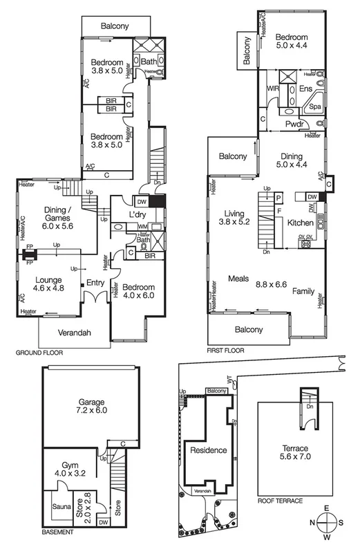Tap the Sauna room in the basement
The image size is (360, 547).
[59, 506]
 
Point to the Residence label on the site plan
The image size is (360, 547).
[208, 451]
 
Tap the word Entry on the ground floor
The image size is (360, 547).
[95, 283]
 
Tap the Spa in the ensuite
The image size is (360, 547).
[315, 106]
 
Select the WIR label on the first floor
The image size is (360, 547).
[272, 89]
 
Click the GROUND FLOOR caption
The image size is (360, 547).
[39, 353]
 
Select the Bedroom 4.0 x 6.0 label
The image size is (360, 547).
[138, 291]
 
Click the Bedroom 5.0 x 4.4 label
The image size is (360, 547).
[293, 42]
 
